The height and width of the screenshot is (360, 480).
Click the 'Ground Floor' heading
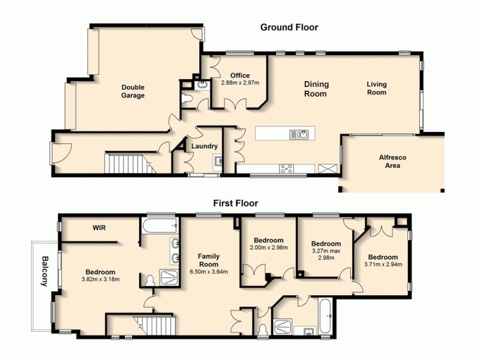point(289,27)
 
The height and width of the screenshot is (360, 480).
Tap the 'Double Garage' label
point(133,91)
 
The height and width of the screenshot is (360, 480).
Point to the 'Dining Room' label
point(316,89)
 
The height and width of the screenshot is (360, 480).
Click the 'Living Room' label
point(377,88)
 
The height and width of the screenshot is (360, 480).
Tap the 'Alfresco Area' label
point(392,161)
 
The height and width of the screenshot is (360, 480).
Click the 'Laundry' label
point(204,146)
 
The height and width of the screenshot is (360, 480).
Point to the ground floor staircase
point(126,163)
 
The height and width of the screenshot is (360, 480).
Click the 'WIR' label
point(100,228)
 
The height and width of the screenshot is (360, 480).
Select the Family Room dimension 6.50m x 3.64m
point(209,271)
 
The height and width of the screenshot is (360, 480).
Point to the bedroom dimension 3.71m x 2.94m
point(383,264)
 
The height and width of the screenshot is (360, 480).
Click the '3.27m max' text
point(326,251)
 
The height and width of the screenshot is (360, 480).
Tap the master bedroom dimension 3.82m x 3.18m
point(100,279)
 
